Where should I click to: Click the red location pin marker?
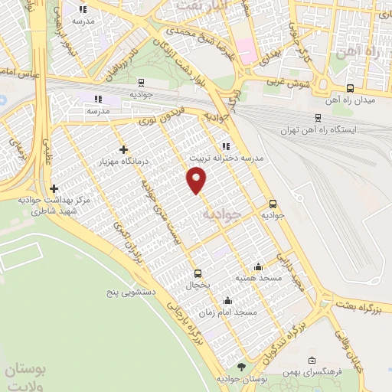198,180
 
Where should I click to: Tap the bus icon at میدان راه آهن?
350,88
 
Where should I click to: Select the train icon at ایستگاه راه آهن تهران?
318,117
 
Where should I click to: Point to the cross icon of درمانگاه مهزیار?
122,149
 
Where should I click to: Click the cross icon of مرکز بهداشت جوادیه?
53,188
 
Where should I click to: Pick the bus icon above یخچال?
198,273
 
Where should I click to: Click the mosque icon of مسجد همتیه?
258,266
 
